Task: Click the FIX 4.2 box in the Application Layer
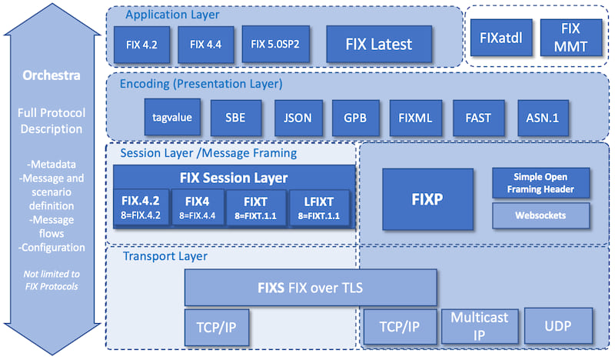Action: click(141, 45)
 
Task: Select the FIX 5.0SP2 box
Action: click(275, 44)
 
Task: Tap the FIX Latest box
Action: click(379, 44)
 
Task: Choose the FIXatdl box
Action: click(501, 38)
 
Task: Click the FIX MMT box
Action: click(570, 38)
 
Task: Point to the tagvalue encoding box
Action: click(172, 118)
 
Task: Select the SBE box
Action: click(235, 118)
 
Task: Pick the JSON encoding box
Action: click(298, 118)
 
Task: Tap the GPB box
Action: click(355, 118)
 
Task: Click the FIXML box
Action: click(415, 118)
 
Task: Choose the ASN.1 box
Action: click(543, 118)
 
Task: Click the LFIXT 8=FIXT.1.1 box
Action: click(319, 208)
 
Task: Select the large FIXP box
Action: click(427, 199)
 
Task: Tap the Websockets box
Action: click(540, 215)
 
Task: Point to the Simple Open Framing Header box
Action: click(540, 183)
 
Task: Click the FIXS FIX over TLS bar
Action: click(311, 288)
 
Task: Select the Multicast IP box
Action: click(479, 326)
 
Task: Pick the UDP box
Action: click(558, 326)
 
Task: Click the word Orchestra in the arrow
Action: click(52, 75)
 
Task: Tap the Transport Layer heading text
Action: click(165, 256)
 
